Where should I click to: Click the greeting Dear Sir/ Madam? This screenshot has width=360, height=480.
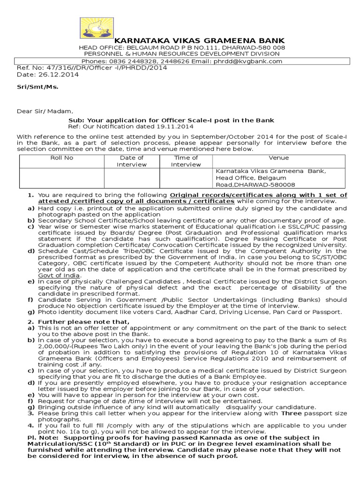(45, 111)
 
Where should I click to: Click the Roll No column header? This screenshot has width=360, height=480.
(61, 158)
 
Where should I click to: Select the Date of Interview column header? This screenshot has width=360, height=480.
(132, 161)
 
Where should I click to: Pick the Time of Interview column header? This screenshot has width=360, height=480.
(186, 161)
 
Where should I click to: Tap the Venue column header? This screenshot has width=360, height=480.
(278, 158)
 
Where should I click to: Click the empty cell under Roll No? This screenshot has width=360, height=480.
(61, 178)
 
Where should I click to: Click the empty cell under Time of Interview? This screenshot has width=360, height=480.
(186, 178)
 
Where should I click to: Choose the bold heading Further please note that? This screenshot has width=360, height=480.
(83, 322)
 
